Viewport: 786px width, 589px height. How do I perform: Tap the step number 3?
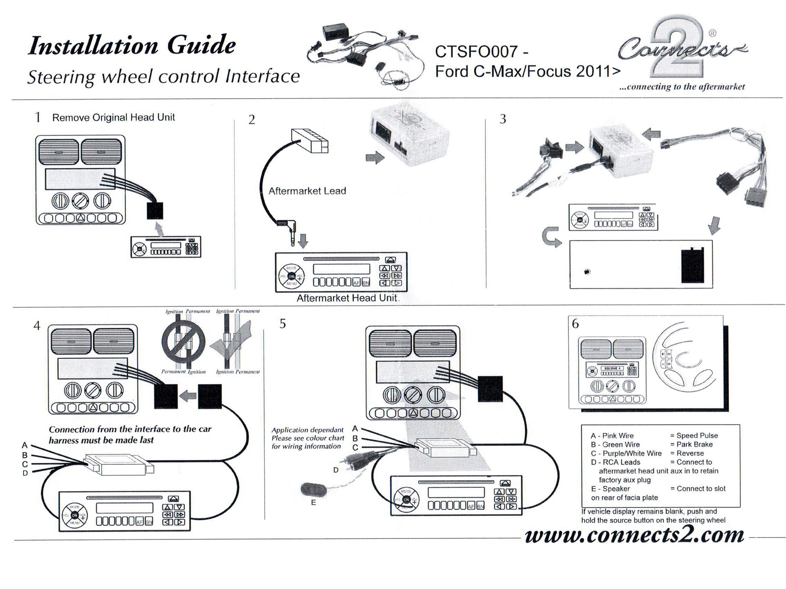pyautogui.click(x=503, y=119)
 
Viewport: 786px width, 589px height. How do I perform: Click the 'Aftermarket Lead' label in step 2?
pyautogui.click(x=307, y=191)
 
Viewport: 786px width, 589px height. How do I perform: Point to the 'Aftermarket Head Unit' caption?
pyautogui.click(x=347, y=298)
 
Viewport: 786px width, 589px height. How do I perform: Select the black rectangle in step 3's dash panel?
pyautogui.click(x=692, y=265)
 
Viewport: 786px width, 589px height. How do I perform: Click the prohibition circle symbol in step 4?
pyautogui.click(x=183, y=340)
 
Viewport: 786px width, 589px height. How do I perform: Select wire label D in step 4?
pyautogui.click(x=25, y=473)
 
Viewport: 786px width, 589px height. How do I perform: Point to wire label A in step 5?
pyautogui.click(x=355, y=428)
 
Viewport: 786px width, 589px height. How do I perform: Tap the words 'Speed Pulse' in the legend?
pyautogui.click(x=697, y=435)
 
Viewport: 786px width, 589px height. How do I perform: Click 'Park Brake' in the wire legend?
pyautogui.click(x=694, y=444)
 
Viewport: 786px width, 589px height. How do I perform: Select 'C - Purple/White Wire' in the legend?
pyautogui.click(x=626, y=453)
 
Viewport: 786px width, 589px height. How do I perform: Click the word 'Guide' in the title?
pyautogui.click(x=201, y=46)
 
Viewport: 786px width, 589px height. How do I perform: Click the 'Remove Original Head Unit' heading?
pyautogui.click(x=113, y=117)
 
